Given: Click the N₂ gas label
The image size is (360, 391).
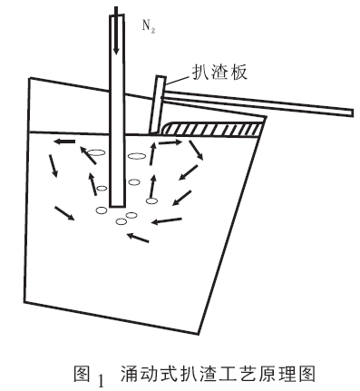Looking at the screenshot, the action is pos(149,27).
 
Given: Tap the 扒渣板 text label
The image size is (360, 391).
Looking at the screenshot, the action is pos(219,72).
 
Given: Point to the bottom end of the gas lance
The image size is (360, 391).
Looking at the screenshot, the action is pos(118,207).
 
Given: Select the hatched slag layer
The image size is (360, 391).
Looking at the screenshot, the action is pos(213,129).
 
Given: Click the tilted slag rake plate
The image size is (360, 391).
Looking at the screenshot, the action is pos(157,104).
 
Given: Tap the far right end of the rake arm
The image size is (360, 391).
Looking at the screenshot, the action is pos(352,112).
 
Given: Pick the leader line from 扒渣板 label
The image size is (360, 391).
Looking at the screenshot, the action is pos(179,80).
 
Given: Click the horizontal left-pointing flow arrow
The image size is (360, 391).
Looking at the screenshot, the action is pos(64,142).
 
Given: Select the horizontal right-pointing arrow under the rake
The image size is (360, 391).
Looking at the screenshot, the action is pos(169,142).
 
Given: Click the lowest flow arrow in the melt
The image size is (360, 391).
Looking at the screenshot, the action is pos(138,238).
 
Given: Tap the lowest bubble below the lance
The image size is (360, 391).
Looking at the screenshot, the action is pos(122,221).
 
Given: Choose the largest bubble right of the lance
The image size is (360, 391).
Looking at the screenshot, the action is pos(137,156).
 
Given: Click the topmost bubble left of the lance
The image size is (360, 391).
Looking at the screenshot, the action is pos(97,153).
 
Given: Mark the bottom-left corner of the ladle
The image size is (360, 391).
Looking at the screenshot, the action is pos(24,301).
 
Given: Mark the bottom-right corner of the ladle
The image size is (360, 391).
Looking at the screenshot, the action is pos(198,334).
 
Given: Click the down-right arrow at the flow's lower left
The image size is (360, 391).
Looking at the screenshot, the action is pos(64,213).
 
